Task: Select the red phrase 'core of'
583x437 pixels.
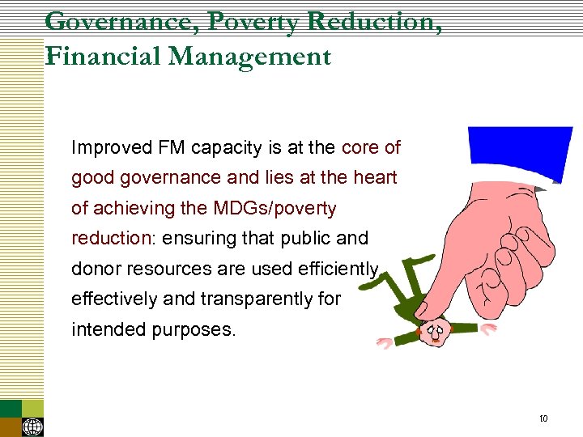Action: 371,147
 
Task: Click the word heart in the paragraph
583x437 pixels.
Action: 376,178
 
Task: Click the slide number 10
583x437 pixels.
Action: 543,418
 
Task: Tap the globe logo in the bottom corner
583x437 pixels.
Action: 33,426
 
